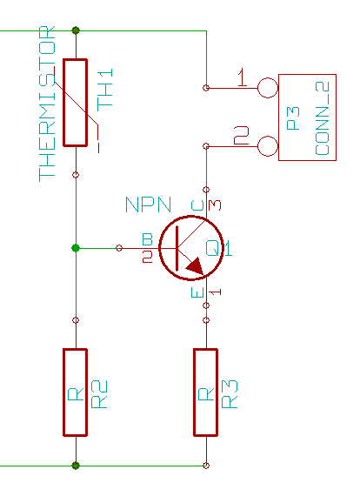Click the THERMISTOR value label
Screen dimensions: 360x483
tap(47, 104)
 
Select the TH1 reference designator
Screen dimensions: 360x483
tap(105, 90)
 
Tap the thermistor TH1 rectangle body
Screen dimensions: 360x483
tap(76, 103)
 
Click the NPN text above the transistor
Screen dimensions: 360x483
tap(149, 205)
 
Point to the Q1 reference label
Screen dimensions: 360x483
tap(219, 248)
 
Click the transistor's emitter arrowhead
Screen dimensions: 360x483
tap(195, 266)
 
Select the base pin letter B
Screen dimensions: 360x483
tap(147, 239)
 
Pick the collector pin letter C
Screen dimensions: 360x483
tap(197, 205)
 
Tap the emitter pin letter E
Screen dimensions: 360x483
tap(197, 292)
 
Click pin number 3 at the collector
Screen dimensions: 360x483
tap(215, 205)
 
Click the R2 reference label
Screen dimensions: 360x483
tap(99, 394)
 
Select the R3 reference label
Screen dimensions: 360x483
tap(230, 394)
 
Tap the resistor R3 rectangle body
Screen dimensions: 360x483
tap(206, 392)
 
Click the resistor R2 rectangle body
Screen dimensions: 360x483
tap(76, 392)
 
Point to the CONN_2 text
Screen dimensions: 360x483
tap(323, 118)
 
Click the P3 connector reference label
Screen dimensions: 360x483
tap(293, 118)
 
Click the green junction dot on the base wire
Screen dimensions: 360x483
tap(76, 248)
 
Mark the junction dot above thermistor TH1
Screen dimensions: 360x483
tap(76, 30)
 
